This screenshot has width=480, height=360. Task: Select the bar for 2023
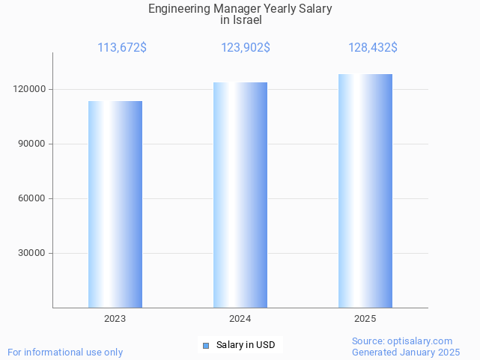pyautogui.click(x=115, y=204)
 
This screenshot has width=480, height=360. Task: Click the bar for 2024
pyautogui.click(x=240, y=195)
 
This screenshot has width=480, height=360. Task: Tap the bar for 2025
pyautogui.click(x=365, y=191)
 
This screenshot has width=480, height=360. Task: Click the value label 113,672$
pyautogui.click(x=122, y=48)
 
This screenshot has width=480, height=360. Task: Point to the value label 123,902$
pyautogui.click(x=246, y=48)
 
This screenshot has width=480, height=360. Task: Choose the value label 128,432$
pyautogui.click(x=373, y=48)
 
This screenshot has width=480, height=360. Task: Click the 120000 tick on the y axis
pyautogui.click(x=31, y=89)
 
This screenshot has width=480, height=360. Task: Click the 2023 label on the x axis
pyautogui.click(x=115, y=319)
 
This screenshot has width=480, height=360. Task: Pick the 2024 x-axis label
pyautogui.click(x=240, y=319)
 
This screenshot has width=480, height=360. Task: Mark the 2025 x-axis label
pyautogui.click(x=365, y=319)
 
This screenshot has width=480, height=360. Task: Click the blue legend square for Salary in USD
pyautogui.click(x=206, y=345)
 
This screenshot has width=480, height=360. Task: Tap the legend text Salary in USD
pyautogui.click(x=245, y=345)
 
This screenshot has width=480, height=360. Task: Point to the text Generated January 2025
pyautogui.click(x=406, y=352)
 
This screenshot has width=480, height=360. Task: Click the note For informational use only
pyautogui.click(x=65, y=352)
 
